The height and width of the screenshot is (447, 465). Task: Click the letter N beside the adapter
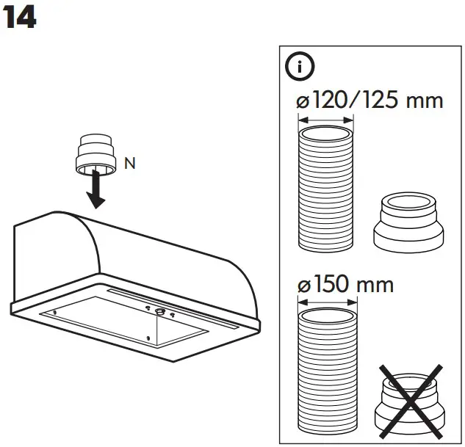click(x=129, y=164)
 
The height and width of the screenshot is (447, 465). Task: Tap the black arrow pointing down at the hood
click(x=95, y=192)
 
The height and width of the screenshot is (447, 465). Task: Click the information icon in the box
click(x=300, y=67)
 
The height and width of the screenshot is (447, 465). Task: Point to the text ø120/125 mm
click(x=370, y=100)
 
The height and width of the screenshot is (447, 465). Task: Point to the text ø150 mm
click(x=345, y=283)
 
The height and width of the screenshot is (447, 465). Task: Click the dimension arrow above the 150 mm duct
click(x=327, y=300)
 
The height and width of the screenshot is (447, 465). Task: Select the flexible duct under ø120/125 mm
click(x=327, y=191)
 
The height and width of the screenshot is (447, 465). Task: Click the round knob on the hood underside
click(x=159, y=310)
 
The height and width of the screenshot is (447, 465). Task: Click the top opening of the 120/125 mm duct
click(x=327, y=135)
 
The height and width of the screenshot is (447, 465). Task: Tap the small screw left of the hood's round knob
click(x=148, y=309)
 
